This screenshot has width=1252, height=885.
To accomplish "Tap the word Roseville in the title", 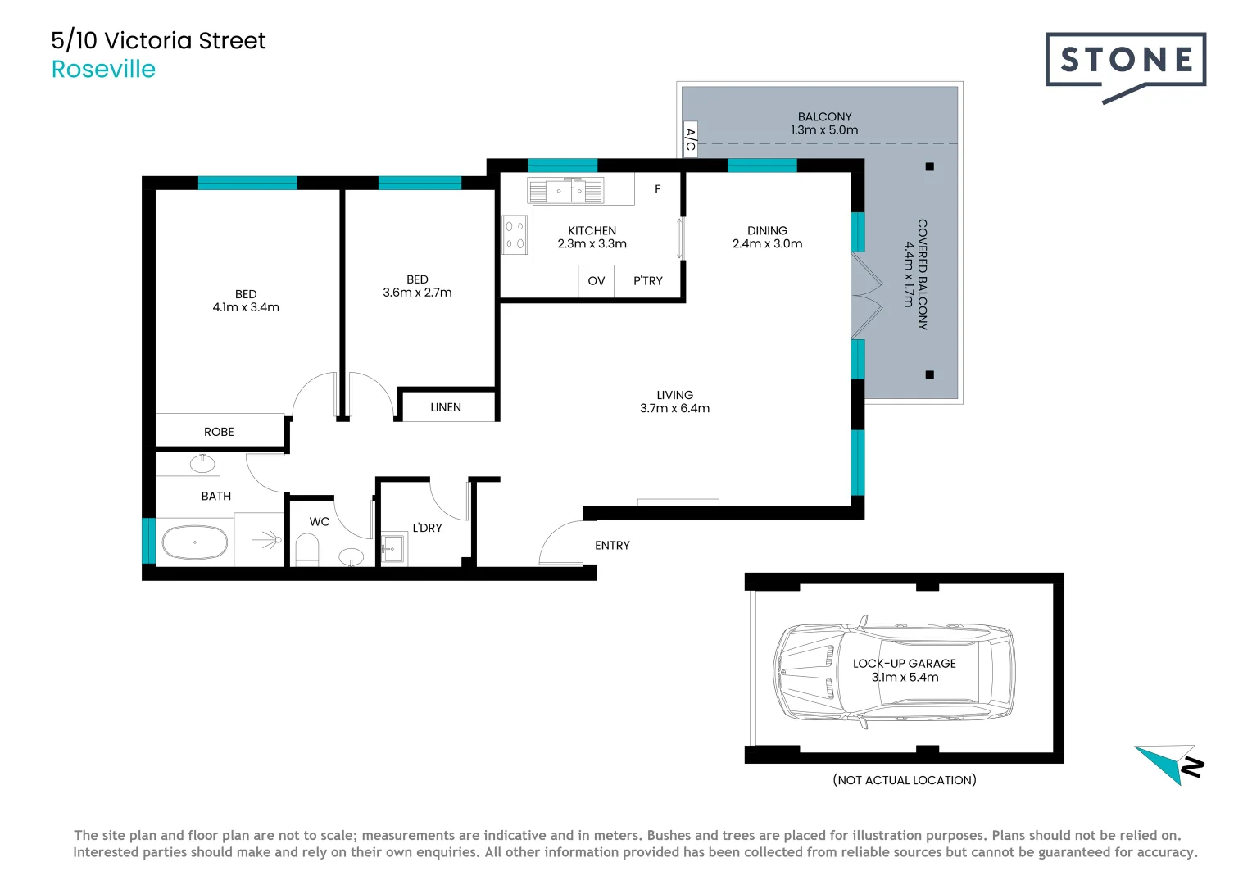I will click(x=103, y=69).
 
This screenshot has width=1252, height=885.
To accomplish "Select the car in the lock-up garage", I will click(x=894, y=672).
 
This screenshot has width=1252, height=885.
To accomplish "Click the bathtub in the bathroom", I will click(x=194, y=542).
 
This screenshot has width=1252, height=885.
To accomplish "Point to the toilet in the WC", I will click(x=306, y=549).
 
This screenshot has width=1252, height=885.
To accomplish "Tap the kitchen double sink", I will click(x=565, y=191).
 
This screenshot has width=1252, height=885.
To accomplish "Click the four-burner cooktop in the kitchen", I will click(x=515, y=234).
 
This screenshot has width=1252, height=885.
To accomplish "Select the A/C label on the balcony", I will click(x=690, y=140).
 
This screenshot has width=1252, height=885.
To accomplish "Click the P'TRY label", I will click(x=647, y=281).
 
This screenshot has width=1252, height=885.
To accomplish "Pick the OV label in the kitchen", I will click(x=597, y=281).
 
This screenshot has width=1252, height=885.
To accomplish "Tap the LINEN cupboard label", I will click(x=446, y=407).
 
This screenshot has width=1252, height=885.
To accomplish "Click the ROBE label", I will click(x=219, y=432).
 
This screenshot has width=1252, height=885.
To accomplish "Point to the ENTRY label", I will click(x=612, y=546).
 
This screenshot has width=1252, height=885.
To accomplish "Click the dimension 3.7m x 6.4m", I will click(x=674, y=409).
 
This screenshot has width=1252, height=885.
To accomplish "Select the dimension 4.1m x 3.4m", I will click(x=246, y=308).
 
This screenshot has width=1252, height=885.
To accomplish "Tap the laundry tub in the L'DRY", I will click(x=392, y=548).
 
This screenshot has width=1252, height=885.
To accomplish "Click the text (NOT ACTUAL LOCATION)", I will click(x=905, y=780).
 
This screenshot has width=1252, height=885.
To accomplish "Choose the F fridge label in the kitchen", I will click(x=657, y=189).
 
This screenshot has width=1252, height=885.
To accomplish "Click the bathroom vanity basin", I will click(x=202, y=464).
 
